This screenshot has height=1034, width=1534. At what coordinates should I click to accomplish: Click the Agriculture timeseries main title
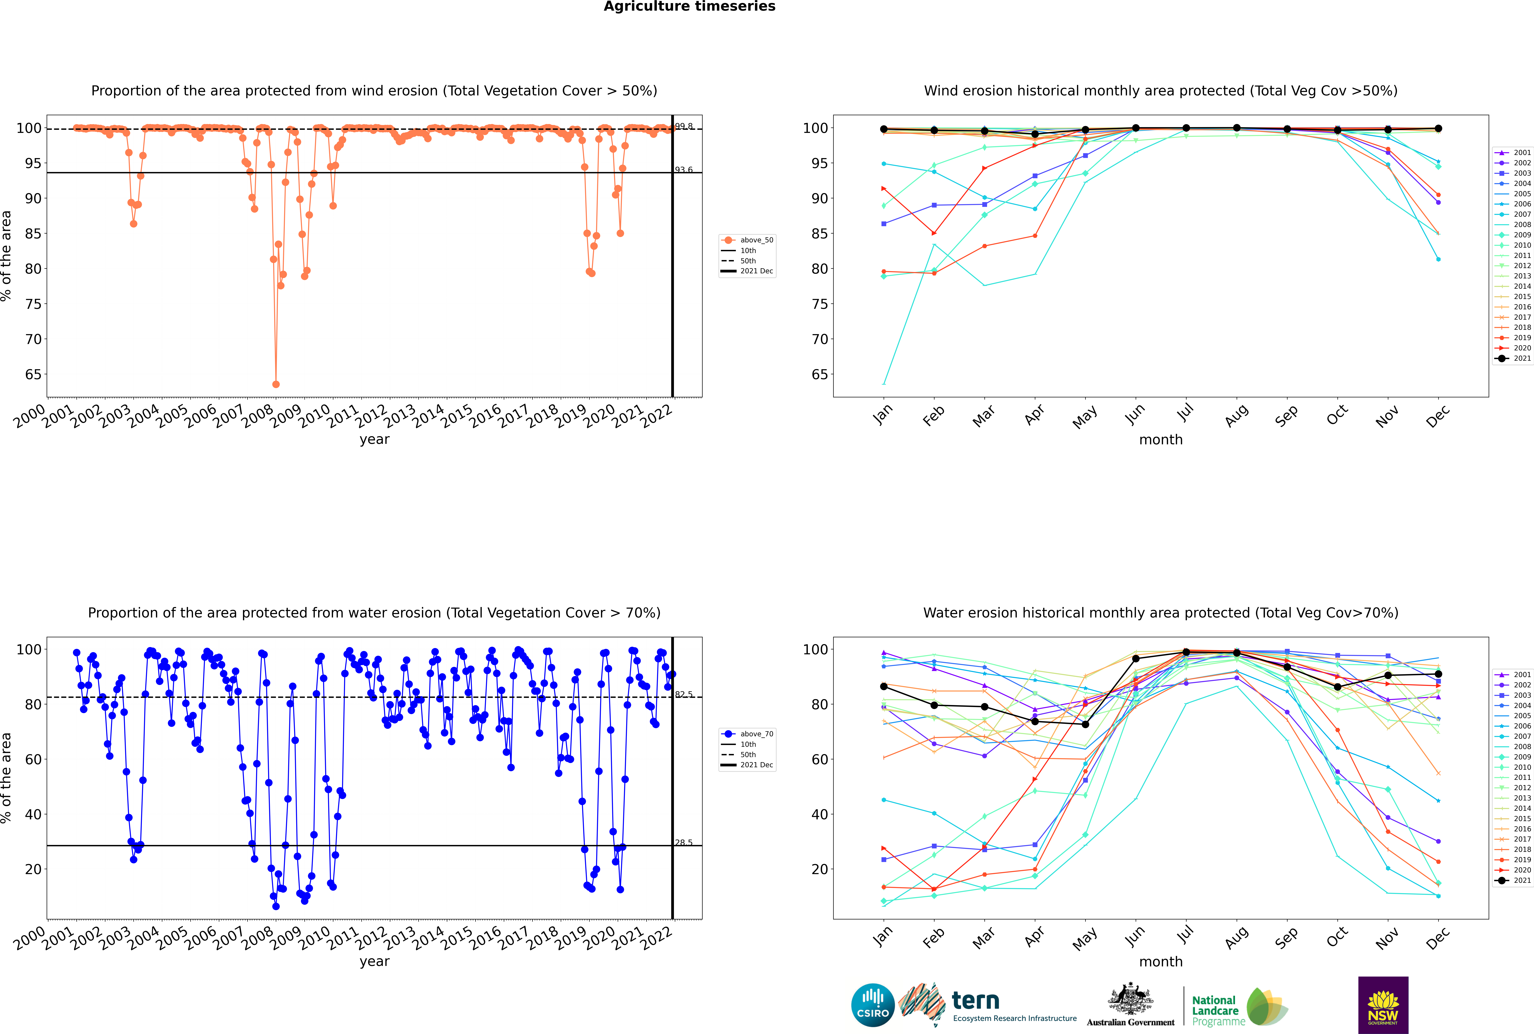[689, 7]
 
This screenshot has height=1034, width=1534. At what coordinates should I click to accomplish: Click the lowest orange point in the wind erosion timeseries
[276, 384]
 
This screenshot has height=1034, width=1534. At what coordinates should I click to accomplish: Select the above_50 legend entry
[748, 240]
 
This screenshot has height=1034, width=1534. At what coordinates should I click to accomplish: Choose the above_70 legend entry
[748, 734]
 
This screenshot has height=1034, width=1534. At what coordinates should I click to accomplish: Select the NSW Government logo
[1383, 1005]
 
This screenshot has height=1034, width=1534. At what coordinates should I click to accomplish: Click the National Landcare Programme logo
[1239, 1007]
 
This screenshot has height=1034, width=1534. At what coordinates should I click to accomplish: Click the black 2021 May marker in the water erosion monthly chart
[1086, 725]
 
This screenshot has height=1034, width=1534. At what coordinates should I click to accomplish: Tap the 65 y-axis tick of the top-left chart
[33, 375]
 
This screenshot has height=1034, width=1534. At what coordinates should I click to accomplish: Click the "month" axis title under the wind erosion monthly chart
[1161, 440]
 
